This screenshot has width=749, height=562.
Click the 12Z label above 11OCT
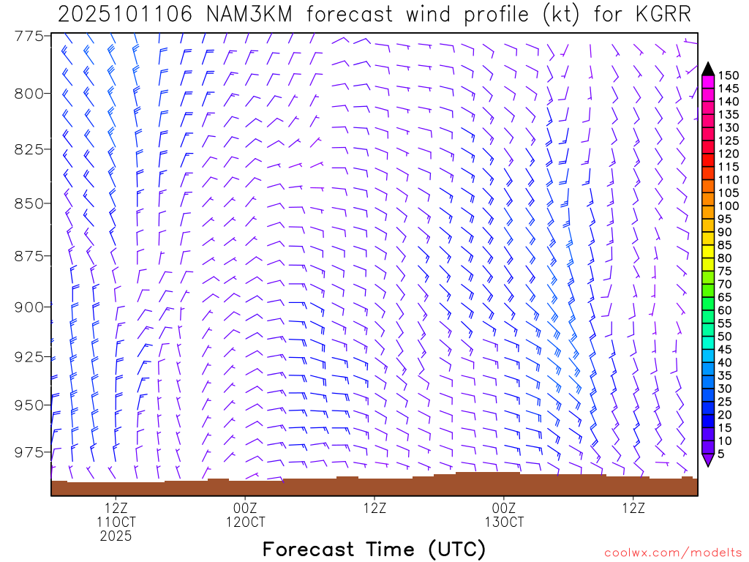116,508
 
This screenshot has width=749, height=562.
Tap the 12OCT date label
246,522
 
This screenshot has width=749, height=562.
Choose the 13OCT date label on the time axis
504,522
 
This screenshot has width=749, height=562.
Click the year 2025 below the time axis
116,536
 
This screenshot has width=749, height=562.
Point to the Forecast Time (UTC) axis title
374,549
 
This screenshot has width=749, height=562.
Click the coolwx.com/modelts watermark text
673,552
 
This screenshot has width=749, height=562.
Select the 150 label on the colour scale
728,75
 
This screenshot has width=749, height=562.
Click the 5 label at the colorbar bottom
722,454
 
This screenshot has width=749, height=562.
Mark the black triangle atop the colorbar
707,69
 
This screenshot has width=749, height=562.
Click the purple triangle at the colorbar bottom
707,460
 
